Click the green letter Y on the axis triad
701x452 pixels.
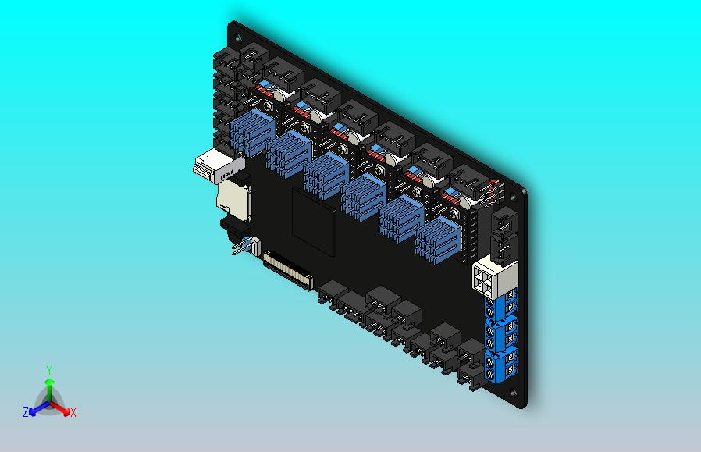(49, 370)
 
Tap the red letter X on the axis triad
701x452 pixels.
(73, 412)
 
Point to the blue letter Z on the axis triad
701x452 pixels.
(26, 411)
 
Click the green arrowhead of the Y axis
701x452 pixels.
(49, 381)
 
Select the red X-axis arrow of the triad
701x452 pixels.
(60, 408)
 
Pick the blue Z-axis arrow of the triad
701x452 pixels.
(39, 408)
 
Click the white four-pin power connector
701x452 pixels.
(495, 279)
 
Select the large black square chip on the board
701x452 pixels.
(313, 221)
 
